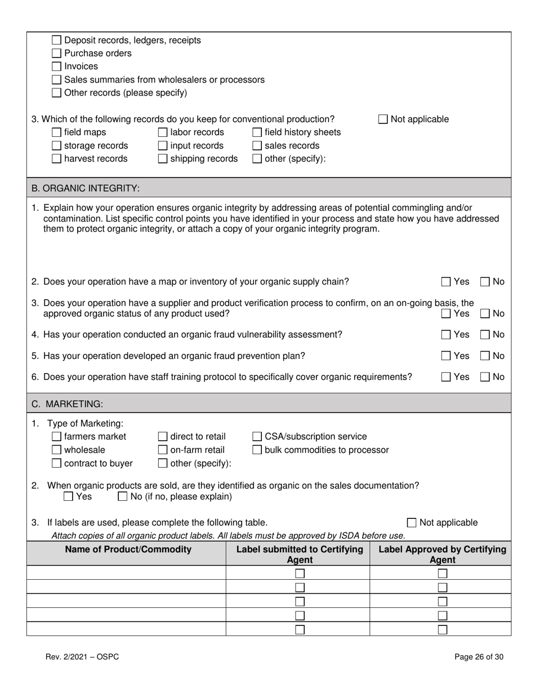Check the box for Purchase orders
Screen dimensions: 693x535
[56, 54]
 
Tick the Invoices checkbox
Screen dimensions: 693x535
[56, 66]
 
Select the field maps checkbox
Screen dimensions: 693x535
[56, 132]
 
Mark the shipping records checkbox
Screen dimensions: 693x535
[162, 159]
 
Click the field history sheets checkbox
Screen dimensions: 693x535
[257, 132]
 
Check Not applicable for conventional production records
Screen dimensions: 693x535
[383, 119]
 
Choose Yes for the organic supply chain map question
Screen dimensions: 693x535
[446, 282]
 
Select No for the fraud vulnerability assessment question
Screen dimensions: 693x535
[485, 335]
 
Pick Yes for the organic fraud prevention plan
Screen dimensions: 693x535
[446, 356]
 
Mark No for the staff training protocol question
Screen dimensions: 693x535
[485, 377]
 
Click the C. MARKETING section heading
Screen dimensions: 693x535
[67, 403]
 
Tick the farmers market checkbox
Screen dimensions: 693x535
[56, 437]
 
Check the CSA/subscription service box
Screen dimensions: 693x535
[257, 437]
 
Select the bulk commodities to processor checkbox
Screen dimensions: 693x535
[257, 450]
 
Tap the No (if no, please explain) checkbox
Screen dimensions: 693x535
[123, 497]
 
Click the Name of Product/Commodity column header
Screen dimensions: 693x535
[128, 549]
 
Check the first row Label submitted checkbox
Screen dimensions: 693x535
[300, 574]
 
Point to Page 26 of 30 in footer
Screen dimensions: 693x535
[479, 656]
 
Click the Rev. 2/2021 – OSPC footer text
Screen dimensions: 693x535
[82, 656]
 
